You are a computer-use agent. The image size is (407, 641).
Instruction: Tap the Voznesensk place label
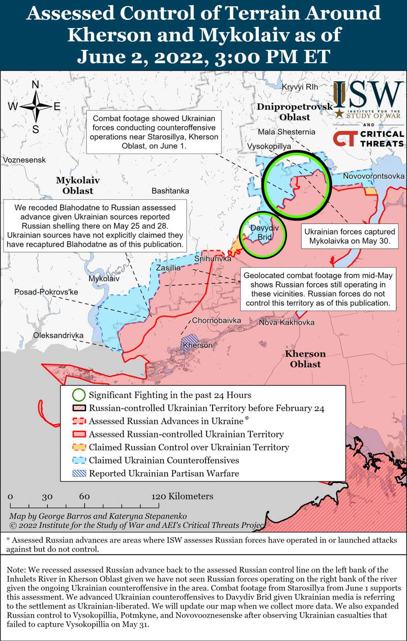click(x=24, y=160)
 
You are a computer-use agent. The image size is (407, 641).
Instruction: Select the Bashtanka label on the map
click(x=170, y=191)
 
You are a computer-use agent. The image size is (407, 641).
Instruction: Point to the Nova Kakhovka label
click(x=287, y=323)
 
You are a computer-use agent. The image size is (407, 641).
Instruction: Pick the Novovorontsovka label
click(x=374, y=176)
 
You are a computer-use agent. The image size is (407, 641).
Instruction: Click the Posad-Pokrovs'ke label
click(x=46, y=293)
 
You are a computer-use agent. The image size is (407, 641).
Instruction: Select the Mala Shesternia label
click(x=286, y=132)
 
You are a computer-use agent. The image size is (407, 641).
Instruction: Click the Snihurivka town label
click(x=213, y=258)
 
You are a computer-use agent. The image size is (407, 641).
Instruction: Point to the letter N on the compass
click(x=36, y=85)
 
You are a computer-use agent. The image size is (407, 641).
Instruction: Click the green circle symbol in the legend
click(x=78, y=395)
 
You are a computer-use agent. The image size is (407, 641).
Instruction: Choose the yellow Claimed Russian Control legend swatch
click(x=78, y=448)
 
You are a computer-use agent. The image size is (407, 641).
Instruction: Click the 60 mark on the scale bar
click(x=84, y=497)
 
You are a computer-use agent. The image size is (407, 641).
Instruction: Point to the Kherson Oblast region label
click(x=305, y=359)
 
